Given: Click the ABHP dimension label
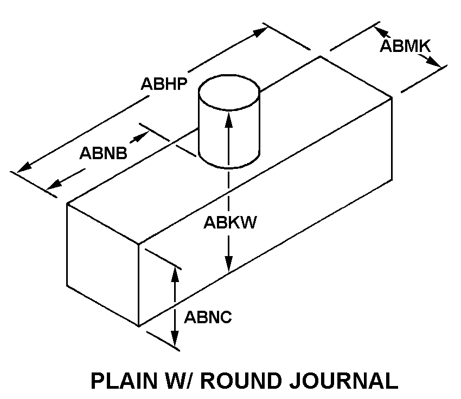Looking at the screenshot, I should point(164,84).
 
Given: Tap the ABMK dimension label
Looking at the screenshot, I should point(405,46).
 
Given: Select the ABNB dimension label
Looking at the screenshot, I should point(104,153).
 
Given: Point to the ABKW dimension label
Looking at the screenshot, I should point(230,223).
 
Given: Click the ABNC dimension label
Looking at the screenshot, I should point(208,317).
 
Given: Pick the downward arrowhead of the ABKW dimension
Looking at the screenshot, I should point(229,265).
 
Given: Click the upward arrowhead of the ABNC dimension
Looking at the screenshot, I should point(175,273).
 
